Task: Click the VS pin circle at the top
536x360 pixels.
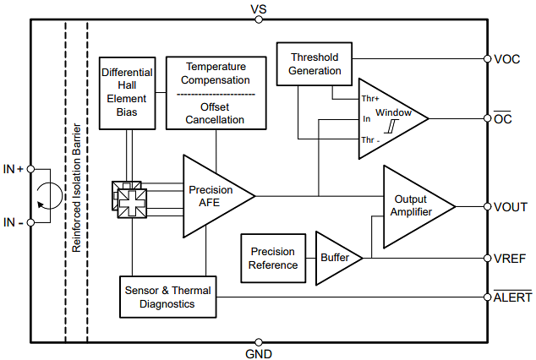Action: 259,19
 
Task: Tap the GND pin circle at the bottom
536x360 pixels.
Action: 259,342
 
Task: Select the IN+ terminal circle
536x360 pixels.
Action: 30,169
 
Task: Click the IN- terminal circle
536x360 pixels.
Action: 30,223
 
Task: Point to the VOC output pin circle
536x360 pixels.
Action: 488,59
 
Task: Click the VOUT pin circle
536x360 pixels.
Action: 488,207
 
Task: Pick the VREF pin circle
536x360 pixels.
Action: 488,259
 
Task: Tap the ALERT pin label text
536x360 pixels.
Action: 512,297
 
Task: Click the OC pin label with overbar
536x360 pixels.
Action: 502,117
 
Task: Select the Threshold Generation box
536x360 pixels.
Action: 314,64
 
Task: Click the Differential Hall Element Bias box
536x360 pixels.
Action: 127,93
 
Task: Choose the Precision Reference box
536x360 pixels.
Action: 273,259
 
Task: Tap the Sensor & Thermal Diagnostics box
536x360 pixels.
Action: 168,297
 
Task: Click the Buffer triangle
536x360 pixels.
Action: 336,259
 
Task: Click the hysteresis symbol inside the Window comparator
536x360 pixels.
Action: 391,126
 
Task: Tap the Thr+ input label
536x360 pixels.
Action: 370,99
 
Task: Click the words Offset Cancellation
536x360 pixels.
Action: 215,113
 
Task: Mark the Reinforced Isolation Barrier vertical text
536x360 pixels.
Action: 77,188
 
